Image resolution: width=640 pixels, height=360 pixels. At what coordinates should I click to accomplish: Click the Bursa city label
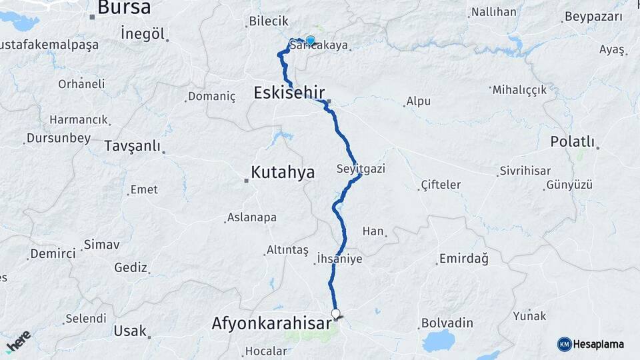pos(124,8)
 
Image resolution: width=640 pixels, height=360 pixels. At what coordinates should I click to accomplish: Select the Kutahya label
pos(282,172)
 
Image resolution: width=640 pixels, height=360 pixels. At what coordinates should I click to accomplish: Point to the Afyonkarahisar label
pos(271,324)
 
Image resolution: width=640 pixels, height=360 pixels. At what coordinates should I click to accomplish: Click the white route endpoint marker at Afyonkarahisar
pos(335,313)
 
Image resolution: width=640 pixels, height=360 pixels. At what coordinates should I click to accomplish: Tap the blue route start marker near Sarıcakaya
pos(310,40)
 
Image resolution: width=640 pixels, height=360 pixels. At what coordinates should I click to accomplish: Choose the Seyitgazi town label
pos(361,168)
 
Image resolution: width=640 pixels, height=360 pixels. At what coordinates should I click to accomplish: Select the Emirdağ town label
pos(463,259)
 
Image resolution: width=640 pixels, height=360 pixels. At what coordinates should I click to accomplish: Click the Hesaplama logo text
pos(598,344)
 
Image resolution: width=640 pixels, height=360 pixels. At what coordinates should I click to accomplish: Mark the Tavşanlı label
pos(133,145)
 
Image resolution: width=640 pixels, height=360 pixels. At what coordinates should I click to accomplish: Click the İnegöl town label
pos(143,34)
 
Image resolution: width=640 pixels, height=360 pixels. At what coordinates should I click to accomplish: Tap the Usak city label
pos(130,331)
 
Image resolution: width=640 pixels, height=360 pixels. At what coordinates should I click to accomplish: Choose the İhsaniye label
pos(340,259)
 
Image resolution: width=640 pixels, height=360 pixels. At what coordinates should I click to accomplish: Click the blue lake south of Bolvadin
pos(438,341)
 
